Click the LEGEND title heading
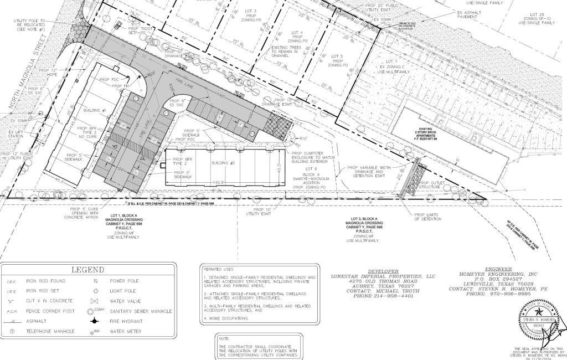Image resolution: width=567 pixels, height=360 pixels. click(87, 270)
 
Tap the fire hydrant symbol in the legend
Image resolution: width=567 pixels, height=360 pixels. click(95, 320)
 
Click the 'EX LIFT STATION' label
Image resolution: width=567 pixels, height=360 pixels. click(15, 135)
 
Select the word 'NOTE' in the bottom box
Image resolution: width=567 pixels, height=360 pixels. click(224, 338)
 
